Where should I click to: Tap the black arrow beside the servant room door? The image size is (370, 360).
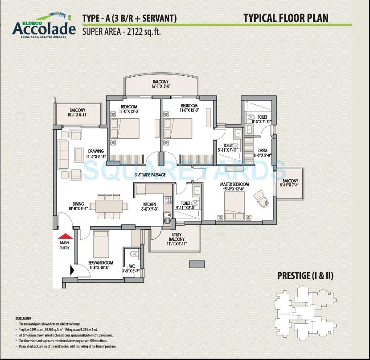[72, 270]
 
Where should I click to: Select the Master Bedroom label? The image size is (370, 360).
[234, 186]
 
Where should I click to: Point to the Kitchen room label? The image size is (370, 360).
[149, 206]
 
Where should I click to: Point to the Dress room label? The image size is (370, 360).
[263, 153]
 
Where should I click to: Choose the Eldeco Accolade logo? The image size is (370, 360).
[44, 27]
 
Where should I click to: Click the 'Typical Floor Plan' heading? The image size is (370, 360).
[286, 18]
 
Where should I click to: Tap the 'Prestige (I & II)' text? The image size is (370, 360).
[305, 275]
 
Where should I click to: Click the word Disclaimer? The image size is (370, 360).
[23, 319]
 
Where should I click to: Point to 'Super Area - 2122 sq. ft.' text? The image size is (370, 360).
[121, 31]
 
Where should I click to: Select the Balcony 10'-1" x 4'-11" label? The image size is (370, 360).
[77, 112]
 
